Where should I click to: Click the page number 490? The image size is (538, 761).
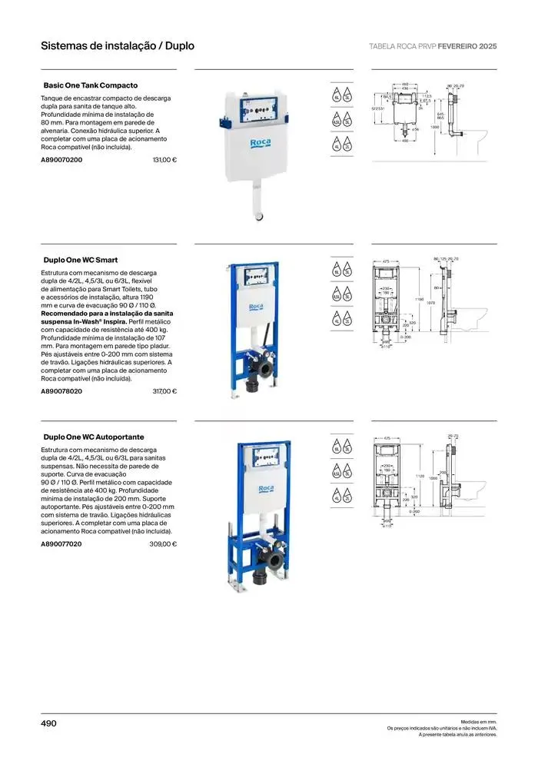pos(48,723)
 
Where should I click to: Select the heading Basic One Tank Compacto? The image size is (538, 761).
pos(91,85)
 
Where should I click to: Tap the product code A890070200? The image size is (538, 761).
pos(61,159)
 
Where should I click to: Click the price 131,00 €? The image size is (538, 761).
pos(164,159)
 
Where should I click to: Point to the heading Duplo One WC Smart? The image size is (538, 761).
pos(81,260)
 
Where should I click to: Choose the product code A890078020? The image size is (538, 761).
pos(61,391)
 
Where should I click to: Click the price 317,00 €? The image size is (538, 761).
pos(164,391)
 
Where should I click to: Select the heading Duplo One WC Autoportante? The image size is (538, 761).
pos(94,437)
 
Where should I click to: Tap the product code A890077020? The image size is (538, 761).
pos(61,544)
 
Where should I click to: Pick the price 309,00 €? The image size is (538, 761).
pos(163,544)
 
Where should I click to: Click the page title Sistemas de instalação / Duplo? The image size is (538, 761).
pos(118,46)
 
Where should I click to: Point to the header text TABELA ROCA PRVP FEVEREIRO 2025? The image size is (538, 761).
pos(433,46)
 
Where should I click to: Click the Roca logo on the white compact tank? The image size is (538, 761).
pos(259,144)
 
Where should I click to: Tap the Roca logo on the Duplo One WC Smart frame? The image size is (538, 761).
pos(257,307)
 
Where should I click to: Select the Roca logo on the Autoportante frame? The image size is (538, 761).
pos(266,489)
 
